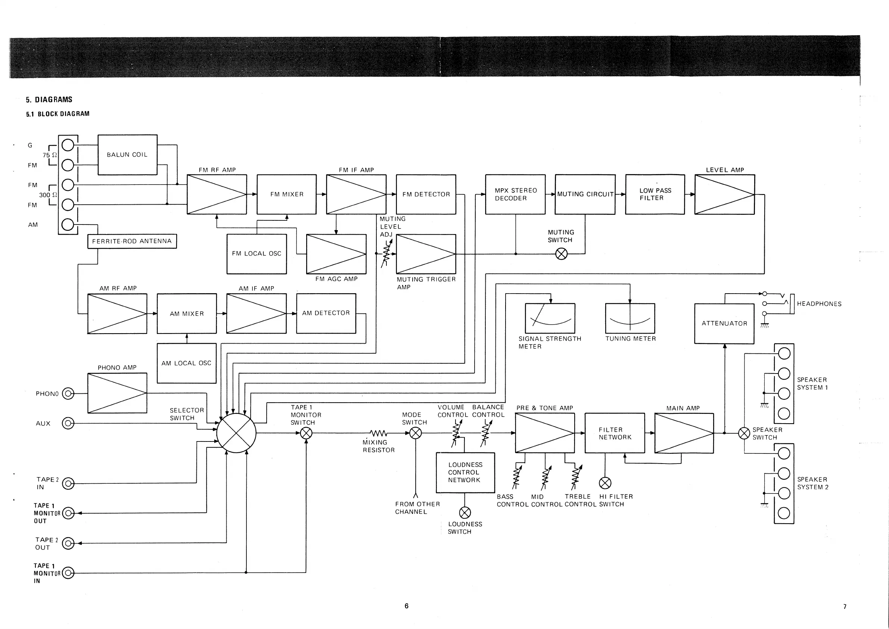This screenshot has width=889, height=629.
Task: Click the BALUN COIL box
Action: pos(127,155)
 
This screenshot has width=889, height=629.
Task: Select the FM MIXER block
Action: pos(286,194)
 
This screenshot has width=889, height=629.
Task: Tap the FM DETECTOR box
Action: pos(426,194)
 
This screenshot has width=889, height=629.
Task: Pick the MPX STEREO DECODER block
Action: pos(515,194)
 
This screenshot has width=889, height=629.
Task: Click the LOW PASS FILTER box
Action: pos(655,194)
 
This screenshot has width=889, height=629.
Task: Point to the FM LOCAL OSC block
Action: pos(257,254)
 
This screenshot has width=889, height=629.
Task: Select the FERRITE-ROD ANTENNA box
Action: pos(132,241)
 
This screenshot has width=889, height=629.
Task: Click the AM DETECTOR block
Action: pos(326,313)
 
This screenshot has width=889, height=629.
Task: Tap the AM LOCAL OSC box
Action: pos(187,363)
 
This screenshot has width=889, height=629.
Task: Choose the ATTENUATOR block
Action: pos(724,323)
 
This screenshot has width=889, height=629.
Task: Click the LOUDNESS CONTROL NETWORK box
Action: pos(465,472)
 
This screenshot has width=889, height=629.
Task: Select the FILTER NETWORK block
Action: pos(615,433)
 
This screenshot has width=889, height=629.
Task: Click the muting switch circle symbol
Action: pos(562,254)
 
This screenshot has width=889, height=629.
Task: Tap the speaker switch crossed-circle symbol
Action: pos(744,433)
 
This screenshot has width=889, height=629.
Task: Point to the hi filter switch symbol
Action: pos(605,483)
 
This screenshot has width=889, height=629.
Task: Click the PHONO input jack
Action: pos(68,394)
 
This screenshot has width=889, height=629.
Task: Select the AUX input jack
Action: pos(68,423)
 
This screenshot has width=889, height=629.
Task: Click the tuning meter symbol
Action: pos(630,318)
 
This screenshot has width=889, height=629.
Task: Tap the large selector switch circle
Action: pos(236,433)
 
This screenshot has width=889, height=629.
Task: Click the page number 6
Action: pos(406,606)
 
